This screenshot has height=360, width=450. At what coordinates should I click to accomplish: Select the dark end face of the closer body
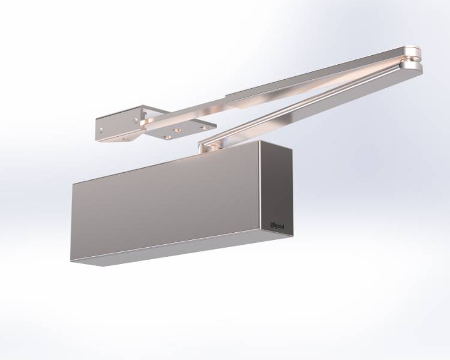[277, 192]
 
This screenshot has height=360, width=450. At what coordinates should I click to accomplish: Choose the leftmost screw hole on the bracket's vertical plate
[103, 128]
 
